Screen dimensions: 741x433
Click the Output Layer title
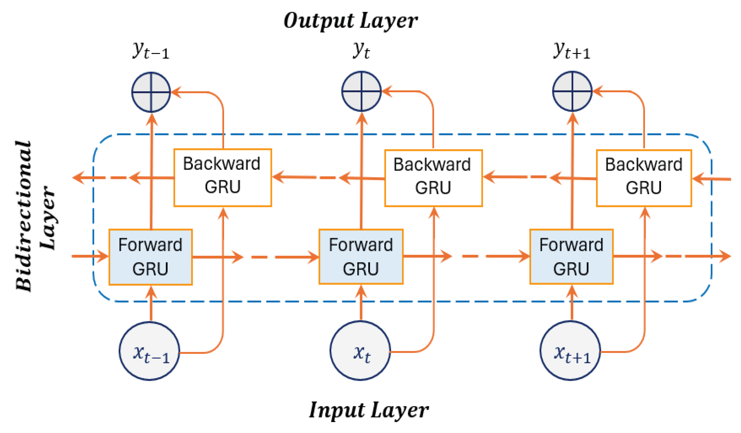pyautogui.click(x=351, y=21)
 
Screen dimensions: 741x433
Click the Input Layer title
pyautogui.click(x=369, y=410)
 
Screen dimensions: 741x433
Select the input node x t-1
pyautogui.click(x=149, y=351)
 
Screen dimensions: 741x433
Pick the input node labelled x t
pyautogui.click(x=360, y=350)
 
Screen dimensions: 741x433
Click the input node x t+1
pyautogui.click(x=570, y=350)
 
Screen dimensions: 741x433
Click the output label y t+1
pyautogui.click(x=572, y=50)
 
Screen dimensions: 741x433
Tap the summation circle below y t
pyautogui.click(x=361, y=91)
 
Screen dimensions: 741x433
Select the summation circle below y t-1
pyautogui.click(x=151, y=92)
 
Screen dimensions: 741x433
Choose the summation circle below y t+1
pyautogui.click(x=572, y=91)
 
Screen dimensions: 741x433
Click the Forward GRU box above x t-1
pyautogui.click(x=151, y=257)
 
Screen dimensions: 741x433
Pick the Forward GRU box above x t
pyautogui.click(x=361, y=257)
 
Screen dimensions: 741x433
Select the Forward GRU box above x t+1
pyautogui.click(x=572, y=257)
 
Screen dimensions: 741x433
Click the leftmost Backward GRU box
pyautogui.click(x=223, y=178)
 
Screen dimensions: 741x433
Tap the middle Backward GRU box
pyautogui.click(x=433, y=178)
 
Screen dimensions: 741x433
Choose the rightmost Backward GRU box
pyautogui.click(x=644, y=178)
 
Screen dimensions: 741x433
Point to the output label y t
pyautogui.click(x=361, y=50)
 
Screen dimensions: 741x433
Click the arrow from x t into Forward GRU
pyautogui.click(x=361, y=302)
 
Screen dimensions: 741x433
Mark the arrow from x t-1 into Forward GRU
pyautogui.click(x=151, y=303)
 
